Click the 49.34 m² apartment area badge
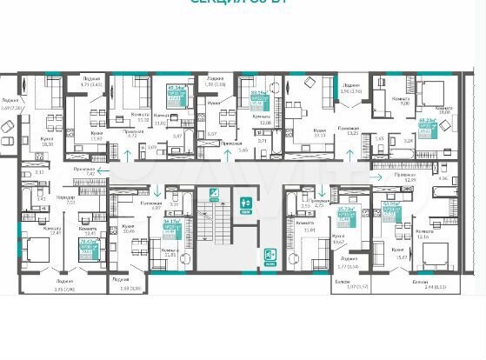174,93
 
